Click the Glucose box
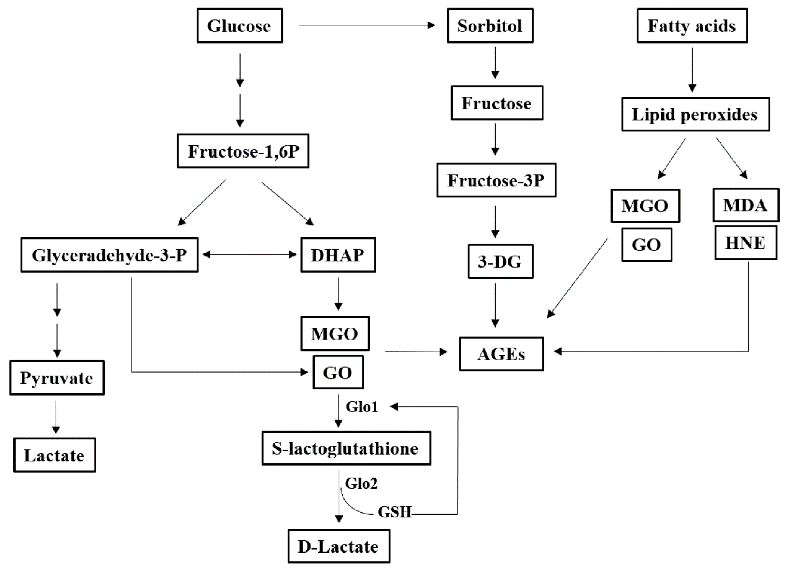(x=240, y=26)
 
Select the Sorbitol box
(x=490, y=26)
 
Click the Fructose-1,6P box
(x=243, y=151)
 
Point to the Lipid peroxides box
(x=695, y=114)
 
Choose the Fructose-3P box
(x=496, y=180)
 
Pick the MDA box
(x=745, y=205)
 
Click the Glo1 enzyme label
(x=362, y=407)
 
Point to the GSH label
(x=395, y=512)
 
